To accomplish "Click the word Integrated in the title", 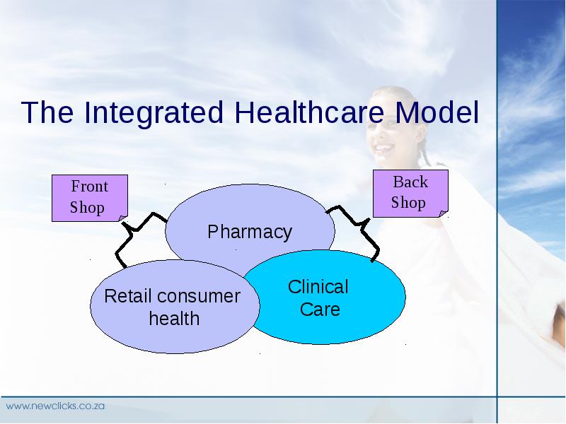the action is click(x=154, y=113).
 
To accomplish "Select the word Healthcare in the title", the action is click(x=309, y=112).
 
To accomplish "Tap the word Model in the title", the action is click(x=437, y=112).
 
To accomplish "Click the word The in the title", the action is click(x=47, y=112).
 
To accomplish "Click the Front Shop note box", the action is click(x=90, y=198).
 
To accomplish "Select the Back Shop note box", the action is click(x=410, y=194).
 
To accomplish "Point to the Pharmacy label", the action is click(x=250, y=232).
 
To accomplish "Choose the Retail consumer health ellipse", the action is click(x=175, y=307).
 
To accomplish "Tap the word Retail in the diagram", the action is click(x=127, y=296).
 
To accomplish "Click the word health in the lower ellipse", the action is click(x=174, y=319).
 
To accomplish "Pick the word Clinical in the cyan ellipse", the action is click(x=318, y=287).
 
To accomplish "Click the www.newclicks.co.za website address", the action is click(x=55, y=406).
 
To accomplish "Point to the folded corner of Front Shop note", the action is click(x=123, y=218).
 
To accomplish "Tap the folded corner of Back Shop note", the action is click(x=444, y=214).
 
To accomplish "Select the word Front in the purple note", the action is click(x=90, y=187).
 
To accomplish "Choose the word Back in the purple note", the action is click(x=410, y=182).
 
